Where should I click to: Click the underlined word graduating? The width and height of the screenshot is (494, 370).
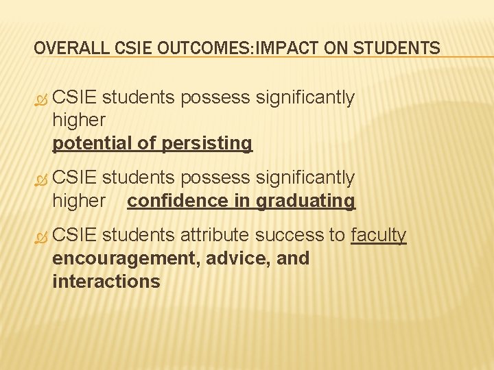[306, 201]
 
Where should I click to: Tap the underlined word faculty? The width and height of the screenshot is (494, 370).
[379, 235]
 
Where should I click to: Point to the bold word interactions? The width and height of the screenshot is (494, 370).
[106, 282]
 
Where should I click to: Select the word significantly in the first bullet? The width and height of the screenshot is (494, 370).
[305, 98]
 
